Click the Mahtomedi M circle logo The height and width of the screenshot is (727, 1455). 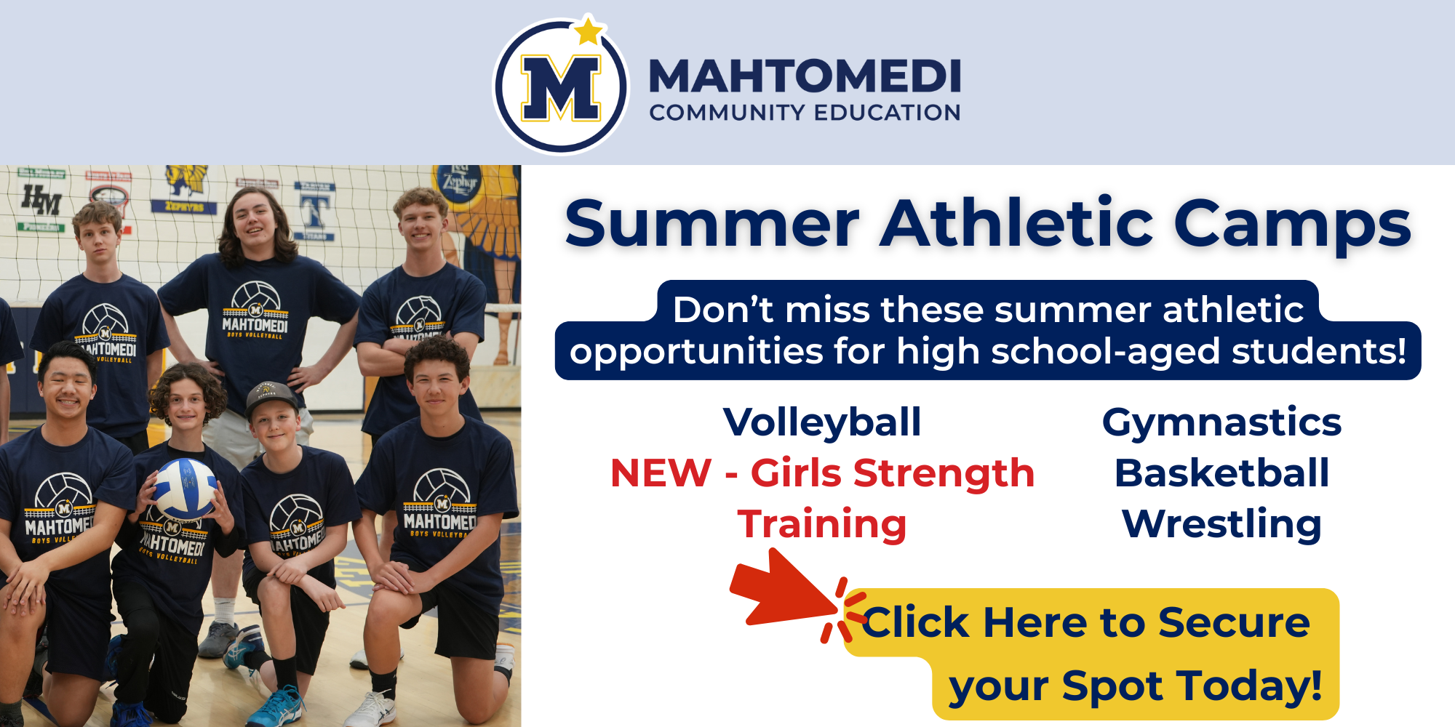(561, 87)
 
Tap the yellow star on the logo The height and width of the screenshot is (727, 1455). (588, 32)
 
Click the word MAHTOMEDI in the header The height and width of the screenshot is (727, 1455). (805, 77)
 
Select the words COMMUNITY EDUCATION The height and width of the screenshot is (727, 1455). (805, 113)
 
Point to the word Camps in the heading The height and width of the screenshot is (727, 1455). (1292, 225)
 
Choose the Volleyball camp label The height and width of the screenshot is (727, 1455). (822, 422)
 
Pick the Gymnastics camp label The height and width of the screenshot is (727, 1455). (1221, 422)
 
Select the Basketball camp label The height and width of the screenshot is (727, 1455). (1221, 473)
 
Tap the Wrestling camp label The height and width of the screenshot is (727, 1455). (1221, 524)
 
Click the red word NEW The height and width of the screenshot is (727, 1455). (661, 473)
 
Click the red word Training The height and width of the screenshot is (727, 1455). (822, 524)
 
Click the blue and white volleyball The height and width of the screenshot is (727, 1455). (185, 489)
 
